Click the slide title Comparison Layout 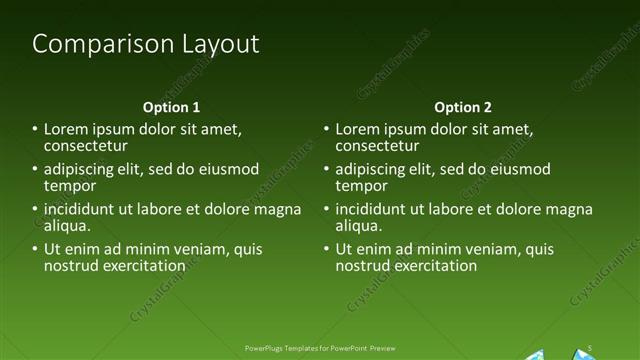pos(145,44)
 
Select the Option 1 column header pos(171,107)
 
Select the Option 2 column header pos(462,107)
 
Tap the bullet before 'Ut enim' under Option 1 pos(35,249)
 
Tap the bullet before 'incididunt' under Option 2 pos(326,209)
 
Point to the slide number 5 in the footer pos(591,347)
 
